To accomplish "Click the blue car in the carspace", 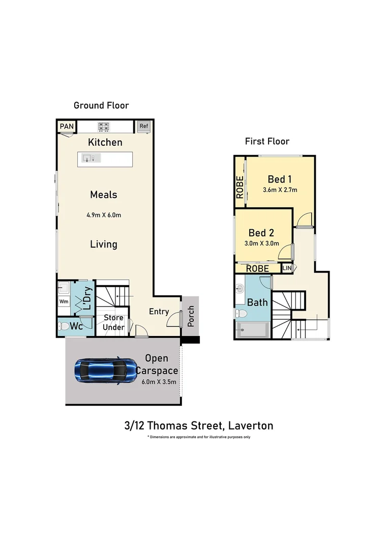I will pyautogui.click(x=104, y=371).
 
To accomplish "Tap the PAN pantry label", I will pyautogui.click(x=66, y=126).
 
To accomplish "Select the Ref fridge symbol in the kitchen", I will pyautogui.click(x=143, y=126).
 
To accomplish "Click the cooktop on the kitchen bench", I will pyautogui.click(x=105, y=127).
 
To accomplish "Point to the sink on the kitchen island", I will pyautogui.click(x=90, y=159).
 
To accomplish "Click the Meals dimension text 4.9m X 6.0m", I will pyautogui.click(x=104, y=215).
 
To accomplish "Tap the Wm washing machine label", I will pyautogui.click(x=64, y=301).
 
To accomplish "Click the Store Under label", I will pyautogui.click(x=113, y=322).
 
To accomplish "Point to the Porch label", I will pyautogui.click(x=191, y=316).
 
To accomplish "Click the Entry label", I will pyautogui.click(x=159, y=311).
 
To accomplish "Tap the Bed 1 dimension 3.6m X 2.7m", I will pyautogui.click(x=280, y=190).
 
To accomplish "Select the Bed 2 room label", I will pyautogui.click(x=261, y=233).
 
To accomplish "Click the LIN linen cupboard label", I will pyautogui.click(x=287, y=267).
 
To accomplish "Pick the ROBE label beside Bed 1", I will pyautogui.click(x=240, y=187).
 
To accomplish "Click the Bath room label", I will pyautogui.click(x=257, y=302).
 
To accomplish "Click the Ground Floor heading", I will pyautogui.click(x=101, y=106).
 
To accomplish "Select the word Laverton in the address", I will pyautogui.click(x=251, y=425).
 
